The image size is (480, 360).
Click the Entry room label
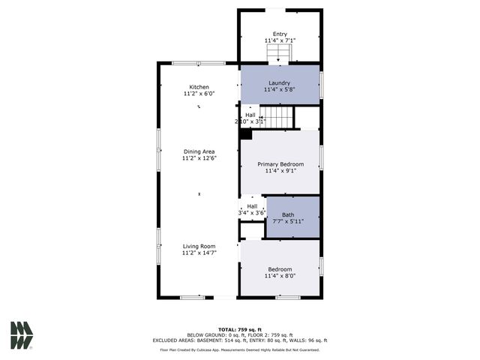[280, 34]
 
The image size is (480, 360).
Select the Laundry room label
[280, 82]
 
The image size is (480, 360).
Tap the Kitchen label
[199, 87]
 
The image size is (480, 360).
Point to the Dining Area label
[199, 151]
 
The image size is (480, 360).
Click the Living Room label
[199, 246]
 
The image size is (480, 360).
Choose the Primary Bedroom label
[280, 163]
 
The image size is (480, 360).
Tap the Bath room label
[288, 214]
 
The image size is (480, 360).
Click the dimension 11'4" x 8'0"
[280, 276]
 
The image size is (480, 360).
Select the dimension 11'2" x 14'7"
[199, 253]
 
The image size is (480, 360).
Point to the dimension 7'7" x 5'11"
[288, 221]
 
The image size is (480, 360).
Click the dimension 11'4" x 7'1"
[280, 40]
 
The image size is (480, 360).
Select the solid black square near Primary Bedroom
[245, 134]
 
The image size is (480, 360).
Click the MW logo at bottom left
[22, 335]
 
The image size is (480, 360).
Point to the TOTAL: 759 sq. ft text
[240, 329]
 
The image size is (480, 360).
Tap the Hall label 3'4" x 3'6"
[252, 210]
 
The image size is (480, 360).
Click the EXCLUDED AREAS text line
[240, 341]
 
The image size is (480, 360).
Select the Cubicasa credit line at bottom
[240, 349]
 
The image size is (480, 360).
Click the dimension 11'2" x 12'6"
[199, 159]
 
